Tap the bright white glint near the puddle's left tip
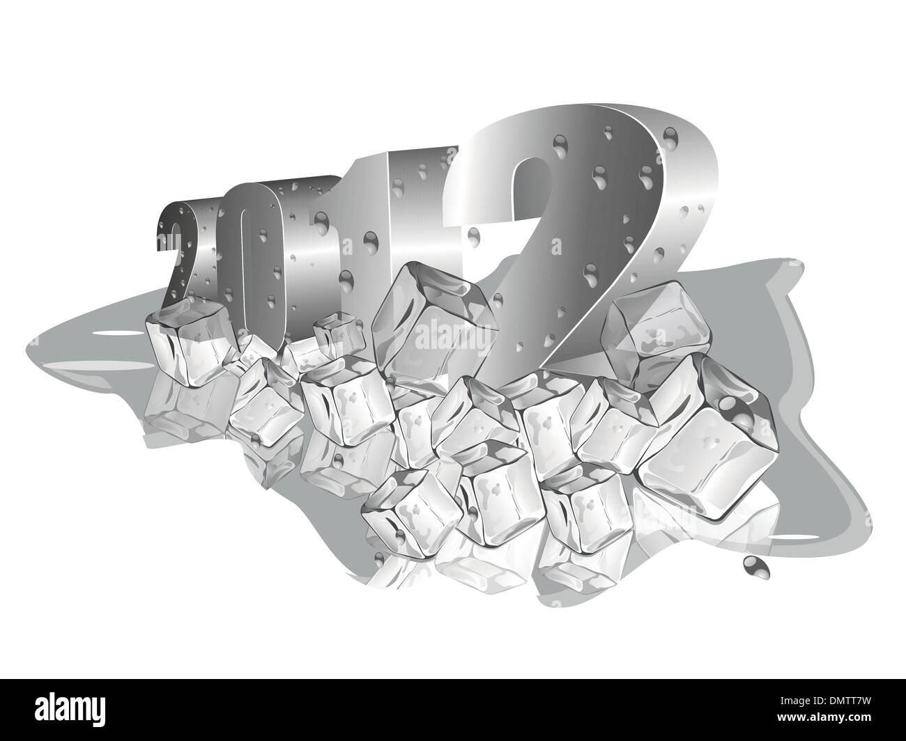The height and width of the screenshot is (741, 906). tap(98, 334)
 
